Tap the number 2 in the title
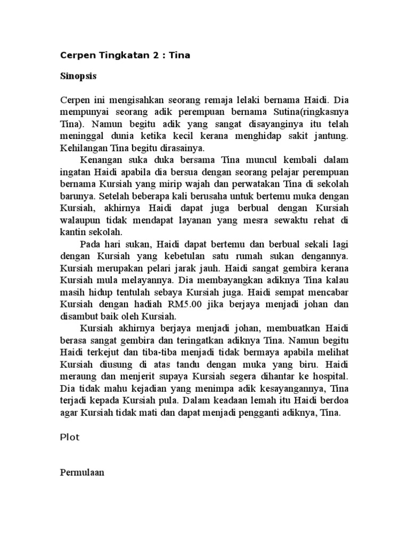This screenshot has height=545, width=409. click(151, 56)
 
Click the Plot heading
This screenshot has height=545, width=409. click(69, 437)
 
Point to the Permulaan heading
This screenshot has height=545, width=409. click(81, 471)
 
